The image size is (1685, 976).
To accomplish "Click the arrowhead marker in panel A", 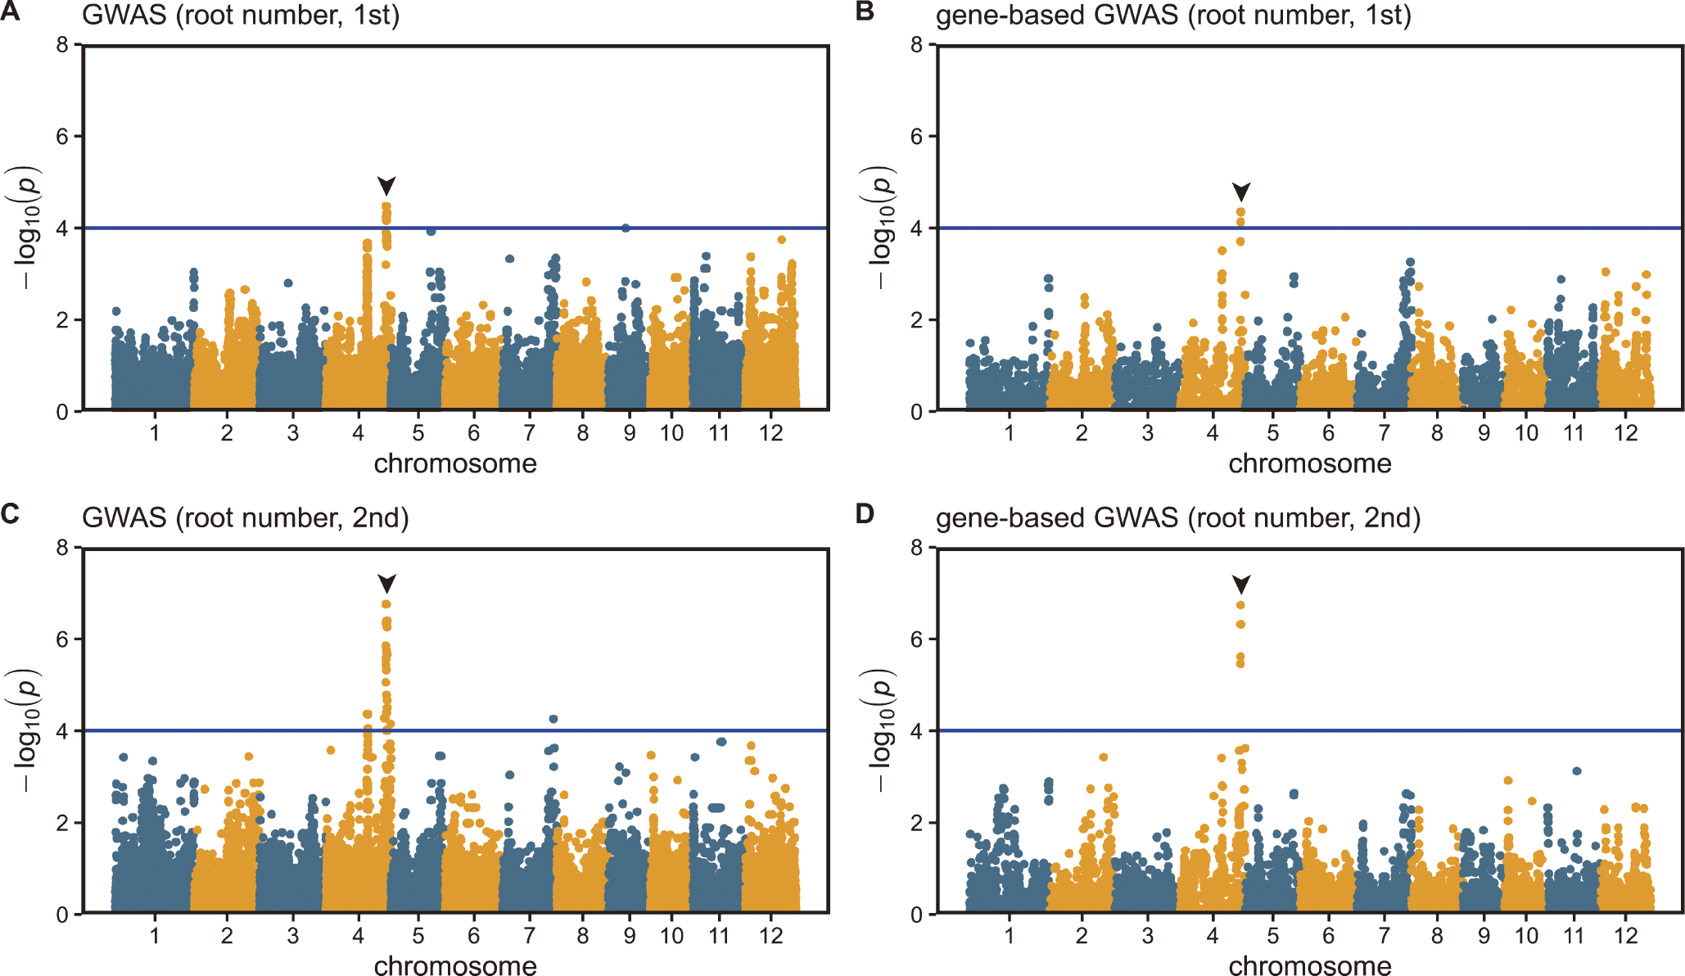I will [x=386, y=185].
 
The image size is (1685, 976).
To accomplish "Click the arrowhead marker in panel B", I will [x=1241, y=192].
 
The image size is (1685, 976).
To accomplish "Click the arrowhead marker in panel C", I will [x=386, y=583].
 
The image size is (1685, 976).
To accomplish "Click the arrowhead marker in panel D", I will [x=1241, y=584].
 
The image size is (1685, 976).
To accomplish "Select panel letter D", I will [x=865, y=514].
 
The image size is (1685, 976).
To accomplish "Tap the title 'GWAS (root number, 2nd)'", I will [x=245, y=518].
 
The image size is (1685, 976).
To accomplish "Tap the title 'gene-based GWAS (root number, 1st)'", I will [x=1173, y=16].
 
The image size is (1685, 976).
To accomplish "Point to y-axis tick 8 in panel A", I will [x=62, y=44].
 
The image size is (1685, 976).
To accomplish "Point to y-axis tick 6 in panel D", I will [x=917, y=639].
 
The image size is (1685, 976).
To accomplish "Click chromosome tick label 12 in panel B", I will [x=1625, y=433].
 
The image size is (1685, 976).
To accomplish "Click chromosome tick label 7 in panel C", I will [x=530, y=935].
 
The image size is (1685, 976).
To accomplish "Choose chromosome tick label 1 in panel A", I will [x=155, y=433].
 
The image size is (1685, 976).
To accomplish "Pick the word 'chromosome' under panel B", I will [x=1309, y=463].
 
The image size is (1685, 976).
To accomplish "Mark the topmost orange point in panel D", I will [x=1241, y=605].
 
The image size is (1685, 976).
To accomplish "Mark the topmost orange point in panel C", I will [x=386, y=604].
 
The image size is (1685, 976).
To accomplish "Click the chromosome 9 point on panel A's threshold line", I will [x=626, y=228].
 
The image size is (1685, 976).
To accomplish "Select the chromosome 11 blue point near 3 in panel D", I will [x=1577, y=770].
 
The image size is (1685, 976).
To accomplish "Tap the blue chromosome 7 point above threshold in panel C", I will [x=553, y=719].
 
